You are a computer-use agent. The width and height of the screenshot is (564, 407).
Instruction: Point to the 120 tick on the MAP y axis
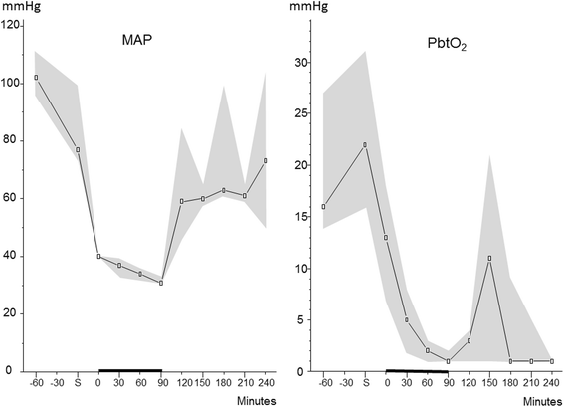pos(13,24)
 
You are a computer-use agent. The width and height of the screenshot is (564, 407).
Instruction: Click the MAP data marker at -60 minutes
pos(37,77)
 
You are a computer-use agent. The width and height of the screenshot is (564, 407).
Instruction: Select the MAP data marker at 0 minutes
pos(98,256)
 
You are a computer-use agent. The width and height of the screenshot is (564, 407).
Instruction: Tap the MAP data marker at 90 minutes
pos(160,283)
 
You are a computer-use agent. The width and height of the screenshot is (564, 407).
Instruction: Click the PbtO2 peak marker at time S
pos(366,144)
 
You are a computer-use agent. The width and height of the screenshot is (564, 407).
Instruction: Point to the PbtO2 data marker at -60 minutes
pos(324,207)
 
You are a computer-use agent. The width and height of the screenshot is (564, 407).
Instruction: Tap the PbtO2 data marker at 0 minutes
pos(386,238)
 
